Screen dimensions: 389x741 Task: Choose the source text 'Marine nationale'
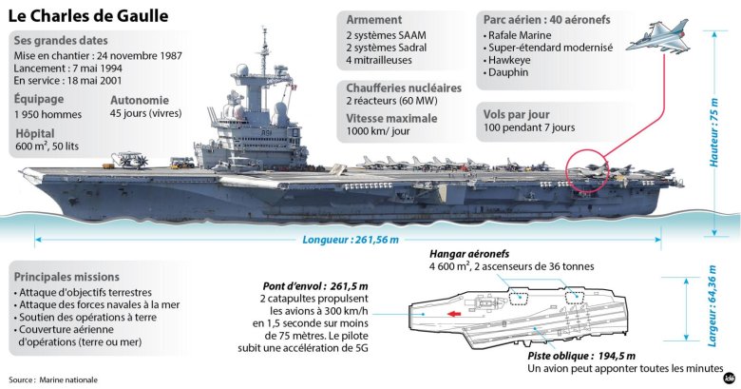pos(68,379)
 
